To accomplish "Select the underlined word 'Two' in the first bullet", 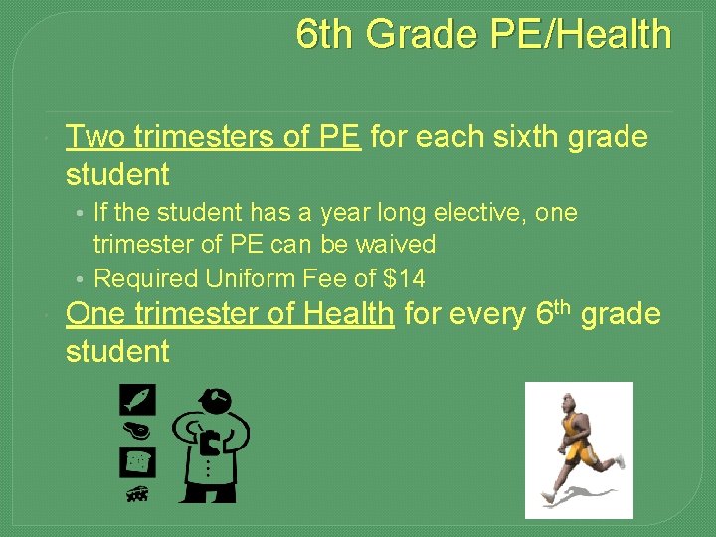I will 94,136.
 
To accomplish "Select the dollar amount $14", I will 404,278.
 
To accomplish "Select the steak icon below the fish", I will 135,431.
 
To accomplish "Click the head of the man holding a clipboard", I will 215,400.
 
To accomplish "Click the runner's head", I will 568,402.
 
